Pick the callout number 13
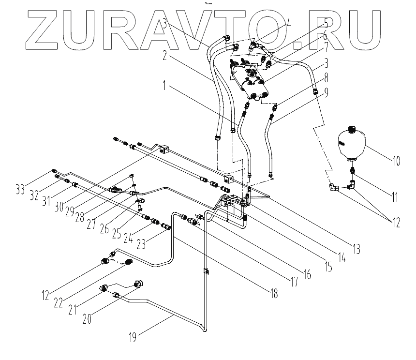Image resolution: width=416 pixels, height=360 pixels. (356, 250)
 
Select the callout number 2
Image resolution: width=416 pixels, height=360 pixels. (165, 57)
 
